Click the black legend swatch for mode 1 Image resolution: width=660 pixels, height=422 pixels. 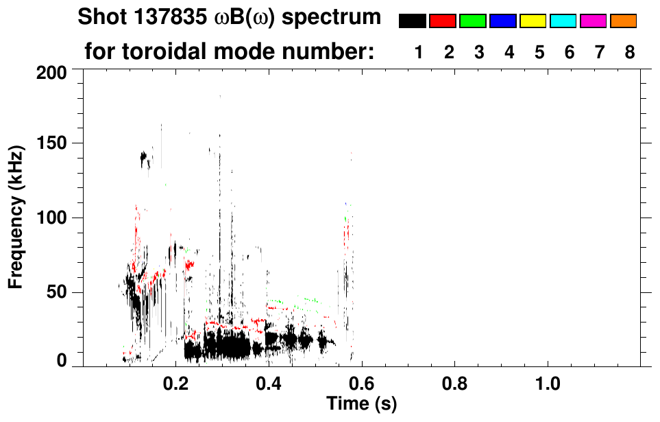(x=412, y=21)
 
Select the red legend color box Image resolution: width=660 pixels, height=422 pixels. (x=442, y=21)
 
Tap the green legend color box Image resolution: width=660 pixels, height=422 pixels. (x=472, y=21)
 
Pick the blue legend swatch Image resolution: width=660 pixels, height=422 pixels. (x=502, y=21)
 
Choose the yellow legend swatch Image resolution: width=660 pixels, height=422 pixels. (x=533, y=21)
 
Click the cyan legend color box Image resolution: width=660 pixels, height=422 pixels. (x=563, y=21)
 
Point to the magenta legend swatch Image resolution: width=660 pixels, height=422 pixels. (x=593, y=21)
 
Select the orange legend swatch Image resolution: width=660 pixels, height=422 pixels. (x=623, y=21)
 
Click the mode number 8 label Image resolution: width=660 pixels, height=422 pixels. (x=629, y=52)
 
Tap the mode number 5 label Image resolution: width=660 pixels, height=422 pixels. (x=539, y=52)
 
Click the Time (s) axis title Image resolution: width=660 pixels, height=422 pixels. (x=360, y=403)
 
